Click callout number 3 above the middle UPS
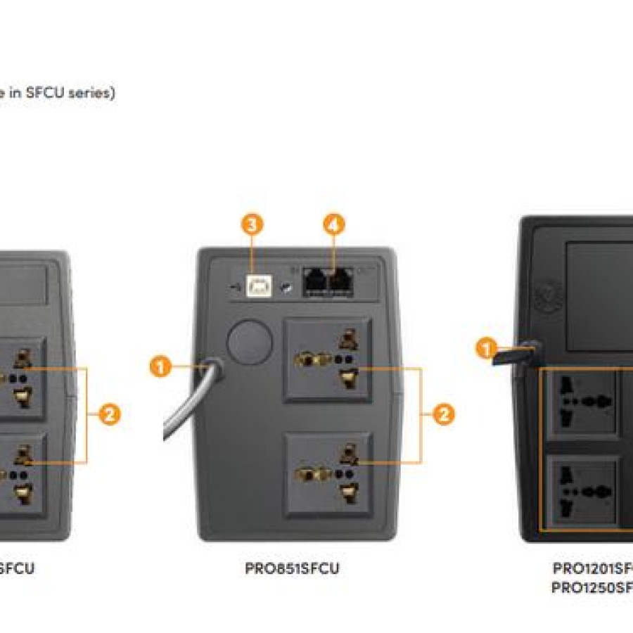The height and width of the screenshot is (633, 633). [252, 225]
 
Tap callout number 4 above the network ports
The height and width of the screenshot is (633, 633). [335, 225]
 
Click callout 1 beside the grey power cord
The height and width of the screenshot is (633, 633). [161, 366]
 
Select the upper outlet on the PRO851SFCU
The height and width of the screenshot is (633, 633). [328, 360]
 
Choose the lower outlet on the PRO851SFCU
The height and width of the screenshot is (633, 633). [328, 475]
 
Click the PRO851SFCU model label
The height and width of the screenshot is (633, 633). [292, 569]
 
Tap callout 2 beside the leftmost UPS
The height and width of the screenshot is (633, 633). [108, 415]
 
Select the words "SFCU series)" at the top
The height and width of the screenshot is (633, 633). [70, 93]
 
